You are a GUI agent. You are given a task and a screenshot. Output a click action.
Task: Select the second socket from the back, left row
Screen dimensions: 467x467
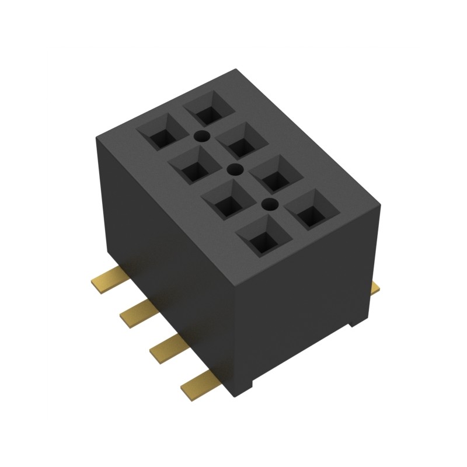click(x=193, y=166)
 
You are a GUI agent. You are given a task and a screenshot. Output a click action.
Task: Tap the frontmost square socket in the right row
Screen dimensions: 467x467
click(x=311, y=208)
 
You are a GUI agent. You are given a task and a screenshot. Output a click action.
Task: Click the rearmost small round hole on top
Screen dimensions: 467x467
click(x=201, y=137)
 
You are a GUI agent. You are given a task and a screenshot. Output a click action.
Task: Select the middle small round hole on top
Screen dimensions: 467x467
click(x=235, y=170)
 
